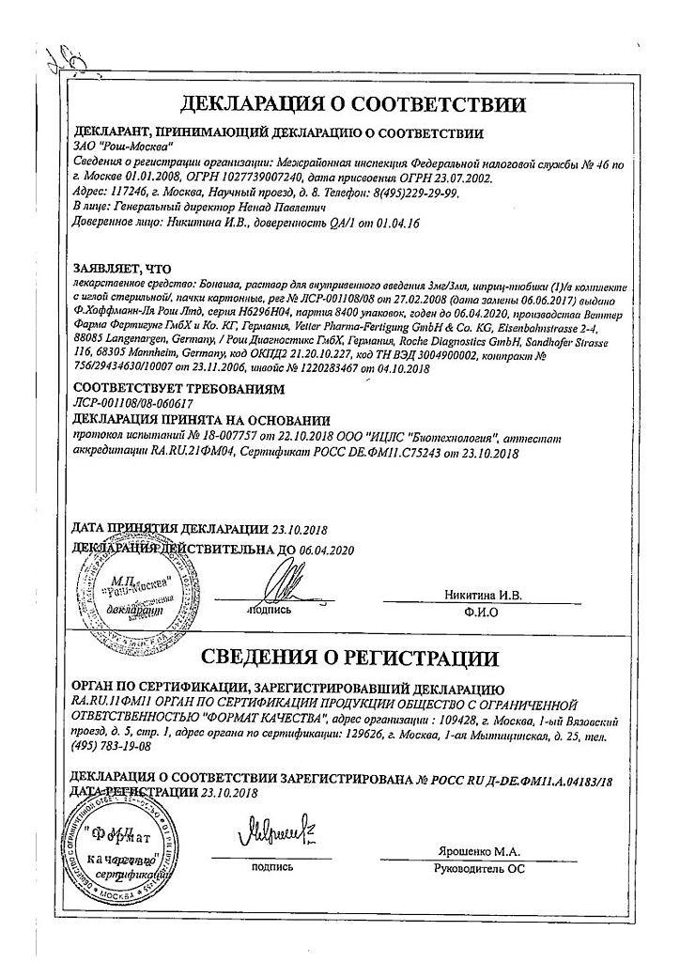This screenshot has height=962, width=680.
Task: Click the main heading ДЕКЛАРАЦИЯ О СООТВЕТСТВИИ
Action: (340, 102)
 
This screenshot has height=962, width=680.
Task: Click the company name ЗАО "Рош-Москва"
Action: (111, 147)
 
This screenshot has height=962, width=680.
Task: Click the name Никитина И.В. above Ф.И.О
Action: (487, 595)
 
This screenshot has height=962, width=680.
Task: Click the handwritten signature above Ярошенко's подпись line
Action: (273, 833)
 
